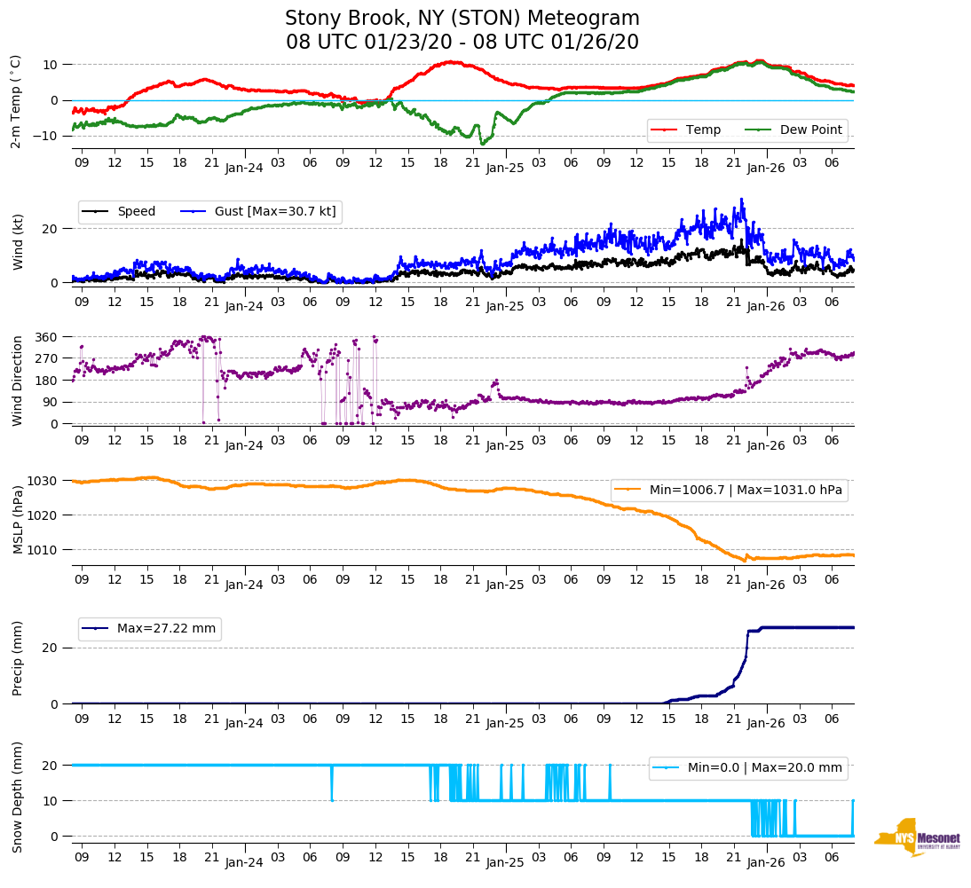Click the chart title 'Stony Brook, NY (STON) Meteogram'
(462, 19)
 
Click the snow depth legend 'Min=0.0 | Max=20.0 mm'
(747, 768)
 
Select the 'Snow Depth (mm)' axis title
(18, 798)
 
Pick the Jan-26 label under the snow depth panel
(765, 862)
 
